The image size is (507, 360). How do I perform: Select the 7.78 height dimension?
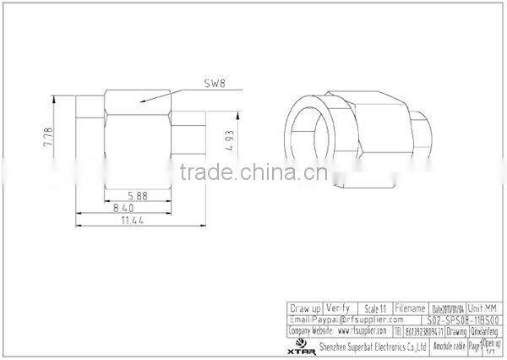tap(48, 138)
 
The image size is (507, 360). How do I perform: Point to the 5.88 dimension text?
tap(139, 195)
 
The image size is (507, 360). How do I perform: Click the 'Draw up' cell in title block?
tap(305, 308)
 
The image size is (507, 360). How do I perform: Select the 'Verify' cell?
tap(338, 308)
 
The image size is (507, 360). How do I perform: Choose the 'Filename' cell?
tap(410, 308)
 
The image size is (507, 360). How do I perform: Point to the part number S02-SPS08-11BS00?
tap(465, 319)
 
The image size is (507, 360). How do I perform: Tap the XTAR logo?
tap(301, 347)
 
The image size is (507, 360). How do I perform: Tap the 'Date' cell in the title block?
tap(448, 308)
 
